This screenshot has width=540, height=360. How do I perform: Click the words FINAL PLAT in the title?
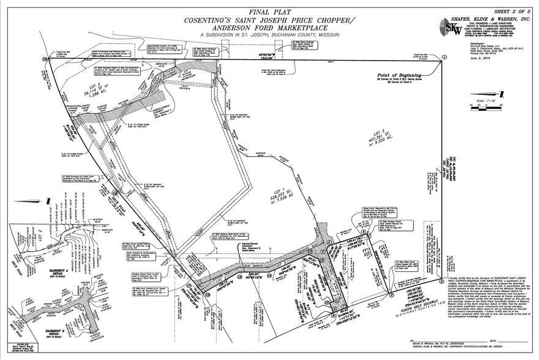point(271,12)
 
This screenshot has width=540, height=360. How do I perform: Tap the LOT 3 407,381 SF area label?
point(386,135)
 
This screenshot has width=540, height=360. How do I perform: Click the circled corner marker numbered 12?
point(45,59)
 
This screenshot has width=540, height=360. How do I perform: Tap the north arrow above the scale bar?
point(501,93)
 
